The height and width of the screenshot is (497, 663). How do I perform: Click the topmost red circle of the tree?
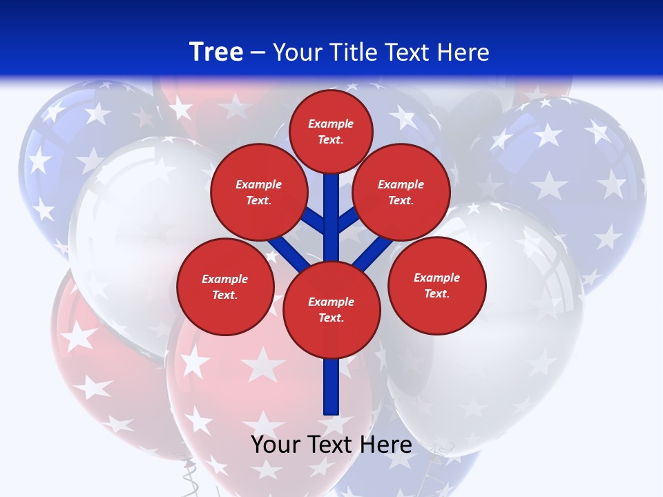(331, 131)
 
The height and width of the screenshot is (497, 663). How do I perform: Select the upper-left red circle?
(259, 192)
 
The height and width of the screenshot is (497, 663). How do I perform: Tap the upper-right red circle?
(401, 192)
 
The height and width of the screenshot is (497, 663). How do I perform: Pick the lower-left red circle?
(225, 286)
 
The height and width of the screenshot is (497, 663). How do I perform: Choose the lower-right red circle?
(437, 285)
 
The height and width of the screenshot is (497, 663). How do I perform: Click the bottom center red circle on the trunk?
(331, 309)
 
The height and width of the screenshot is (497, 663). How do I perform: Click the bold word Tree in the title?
(216, 52)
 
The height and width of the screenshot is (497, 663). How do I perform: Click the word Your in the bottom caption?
(276, 445)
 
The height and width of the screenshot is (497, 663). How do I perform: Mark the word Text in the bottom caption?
(331, 445)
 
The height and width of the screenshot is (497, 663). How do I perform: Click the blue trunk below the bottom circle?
(331, 387)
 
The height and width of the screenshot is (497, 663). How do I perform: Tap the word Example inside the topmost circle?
(331, 124)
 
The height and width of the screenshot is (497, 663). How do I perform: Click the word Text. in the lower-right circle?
(437, 293)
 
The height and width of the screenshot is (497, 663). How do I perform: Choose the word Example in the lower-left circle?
(225, 279)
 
